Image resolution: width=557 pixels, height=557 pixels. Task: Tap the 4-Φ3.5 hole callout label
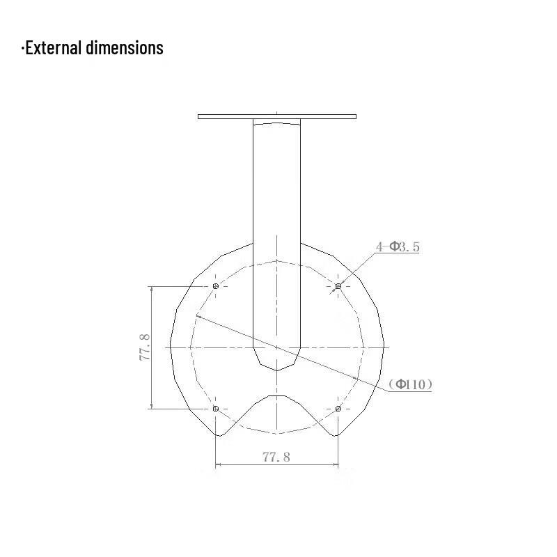point(398,246)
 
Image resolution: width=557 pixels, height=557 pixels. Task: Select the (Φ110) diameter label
point(411,384)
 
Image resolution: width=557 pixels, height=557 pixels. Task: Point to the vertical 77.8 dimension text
point(145,347)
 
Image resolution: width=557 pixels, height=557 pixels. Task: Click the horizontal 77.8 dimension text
point(276,457)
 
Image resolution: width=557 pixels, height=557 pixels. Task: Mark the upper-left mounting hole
point(216,286)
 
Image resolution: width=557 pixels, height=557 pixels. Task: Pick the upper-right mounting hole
point(338,286)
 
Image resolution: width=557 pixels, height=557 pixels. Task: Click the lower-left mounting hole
point(216,409)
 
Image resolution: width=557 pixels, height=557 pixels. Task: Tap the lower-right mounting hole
point(338,409)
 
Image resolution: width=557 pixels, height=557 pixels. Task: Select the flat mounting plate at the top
point(276,116)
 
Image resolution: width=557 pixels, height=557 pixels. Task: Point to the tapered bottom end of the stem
point(276,362)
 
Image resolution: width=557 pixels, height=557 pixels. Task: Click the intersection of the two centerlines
point(277,347)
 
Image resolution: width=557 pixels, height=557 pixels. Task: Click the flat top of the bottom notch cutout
point(277,396)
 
